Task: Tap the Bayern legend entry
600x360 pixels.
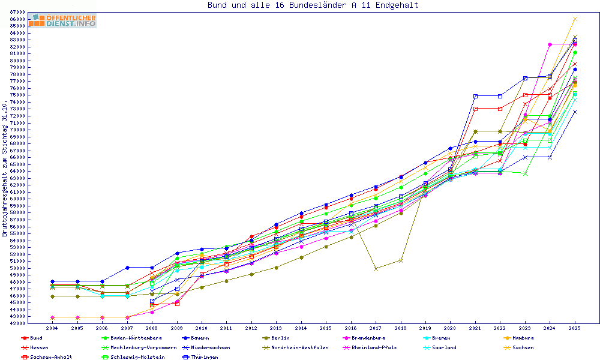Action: [x=200, y=338]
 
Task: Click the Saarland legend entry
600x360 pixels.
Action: [x=443, y=347]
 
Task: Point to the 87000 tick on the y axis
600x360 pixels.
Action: [x=17, y=12]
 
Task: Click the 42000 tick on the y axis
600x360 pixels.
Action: [x=17, y=323]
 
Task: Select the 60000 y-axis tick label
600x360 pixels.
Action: [x=17, y=199]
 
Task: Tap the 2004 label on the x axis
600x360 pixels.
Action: [x=52, y=329]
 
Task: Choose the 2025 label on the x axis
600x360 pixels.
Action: [x=575, y=329]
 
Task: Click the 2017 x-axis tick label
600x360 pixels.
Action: [x=376, y=329]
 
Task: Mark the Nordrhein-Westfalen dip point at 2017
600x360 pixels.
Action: [x=376, y=269]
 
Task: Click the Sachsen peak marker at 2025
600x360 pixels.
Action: [x=575, y=19]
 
